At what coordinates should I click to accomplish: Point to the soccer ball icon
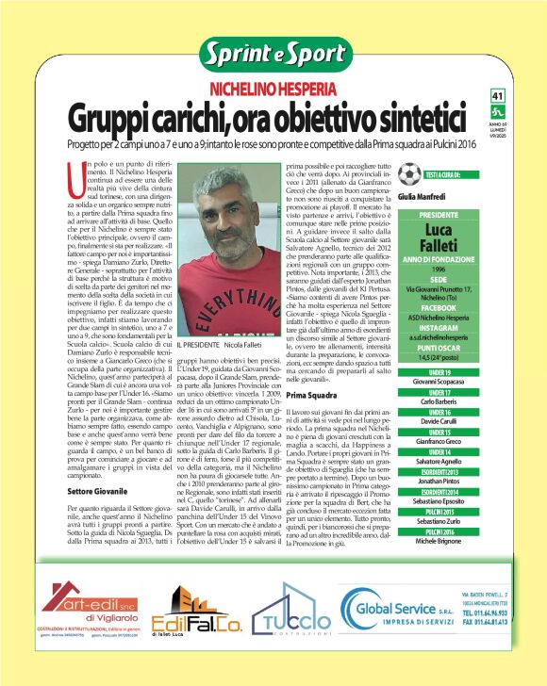click(408, 174)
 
